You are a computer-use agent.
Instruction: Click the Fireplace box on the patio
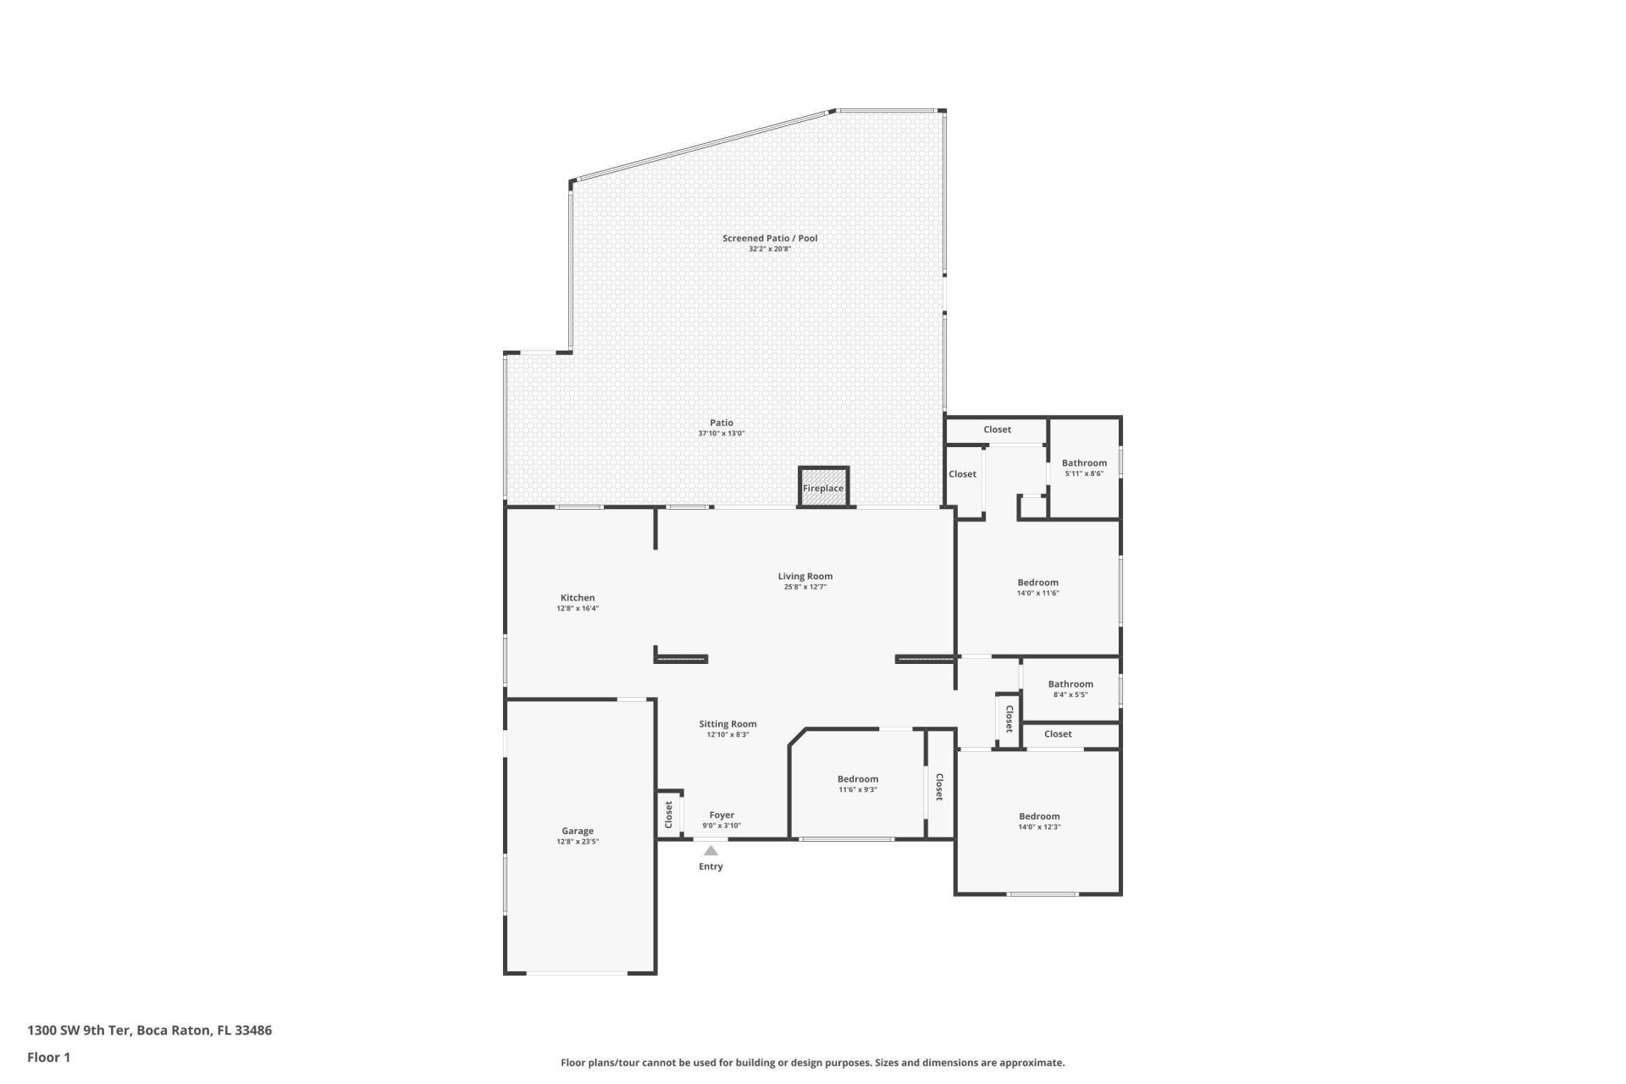coord(823,488)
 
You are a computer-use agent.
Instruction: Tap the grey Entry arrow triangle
coord(711,850)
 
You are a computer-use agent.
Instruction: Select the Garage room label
coord(578,831)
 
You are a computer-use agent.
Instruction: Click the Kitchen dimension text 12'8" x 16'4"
coord(578,608)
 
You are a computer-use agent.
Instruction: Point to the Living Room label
coord(805,576)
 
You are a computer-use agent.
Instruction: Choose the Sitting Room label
coord(727,723)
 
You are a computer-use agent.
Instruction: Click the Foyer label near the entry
coord(722,815)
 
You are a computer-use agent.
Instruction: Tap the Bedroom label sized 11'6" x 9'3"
coord(857,779)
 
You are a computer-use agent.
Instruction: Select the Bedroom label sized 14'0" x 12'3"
coord(1039,816)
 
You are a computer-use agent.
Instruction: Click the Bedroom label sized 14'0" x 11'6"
coord(1037,583)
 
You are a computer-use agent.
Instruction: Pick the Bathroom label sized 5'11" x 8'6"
coord(1084,462)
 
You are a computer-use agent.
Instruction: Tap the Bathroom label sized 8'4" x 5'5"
coord(1070,683)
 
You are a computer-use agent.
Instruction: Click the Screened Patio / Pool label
coord(770,238)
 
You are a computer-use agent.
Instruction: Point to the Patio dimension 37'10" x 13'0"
coord(722,433)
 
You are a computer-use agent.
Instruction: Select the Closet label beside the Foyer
coord(668,815)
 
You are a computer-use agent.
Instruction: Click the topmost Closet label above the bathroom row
coord(997,429)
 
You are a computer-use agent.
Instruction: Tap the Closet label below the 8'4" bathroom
coord(1058,734)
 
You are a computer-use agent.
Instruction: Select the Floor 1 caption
coord(48,1057)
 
